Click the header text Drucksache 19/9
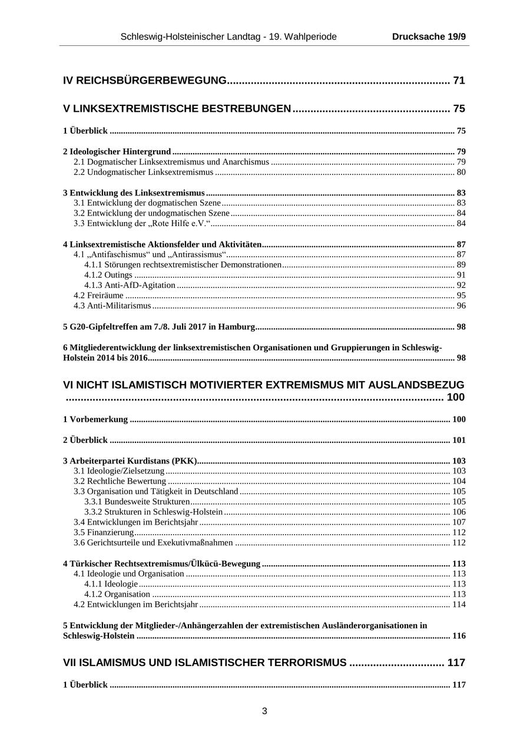[429, 37]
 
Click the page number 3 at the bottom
[264, 711]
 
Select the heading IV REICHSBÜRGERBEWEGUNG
[145, 81]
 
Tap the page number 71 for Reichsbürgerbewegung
[459, 81]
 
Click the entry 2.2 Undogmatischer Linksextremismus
[143, 172]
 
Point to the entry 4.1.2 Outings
[108, 275]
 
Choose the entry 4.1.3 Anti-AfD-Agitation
[130, 285]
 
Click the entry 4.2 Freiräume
[98, 296]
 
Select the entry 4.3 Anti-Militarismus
[112, 306]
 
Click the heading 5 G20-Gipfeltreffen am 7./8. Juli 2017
[159, 327]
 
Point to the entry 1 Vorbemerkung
[95, 419]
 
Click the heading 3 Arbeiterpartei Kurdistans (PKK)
[130, 461]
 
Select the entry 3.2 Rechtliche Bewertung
[120, 481]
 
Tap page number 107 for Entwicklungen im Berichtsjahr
[458, 522]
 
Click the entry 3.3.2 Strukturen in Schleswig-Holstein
[153, 512]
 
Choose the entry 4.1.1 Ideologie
[111, 584]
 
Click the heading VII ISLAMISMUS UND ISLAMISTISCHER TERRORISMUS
[204, 662]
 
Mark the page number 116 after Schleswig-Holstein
[458, 636]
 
